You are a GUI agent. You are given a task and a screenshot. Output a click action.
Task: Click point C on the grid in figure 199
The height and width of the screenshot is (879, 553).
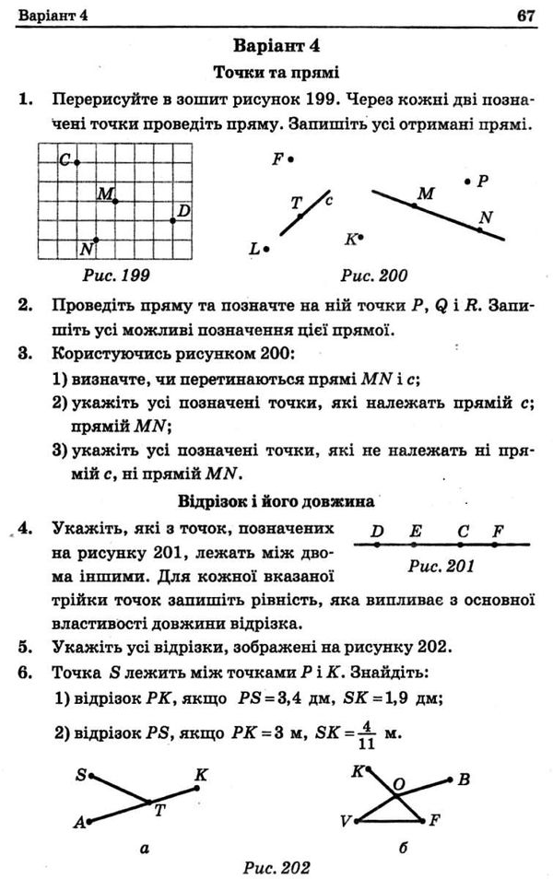coord(76,161)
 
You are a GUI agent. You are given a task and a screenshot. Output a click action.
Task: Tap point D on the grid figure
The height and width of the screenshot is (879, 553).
coord(173,219)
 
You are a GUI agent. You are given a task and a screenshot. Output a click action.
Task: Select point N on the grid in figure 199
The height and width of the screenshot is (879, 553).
coord(96,240)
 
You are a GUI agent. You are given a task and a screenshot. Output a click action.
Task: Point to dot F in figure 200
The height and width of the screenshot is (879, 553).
coord(291,158)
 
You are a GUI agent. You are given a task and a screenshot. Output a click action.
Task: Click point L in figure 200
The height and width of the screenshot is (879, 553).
coord(266,248)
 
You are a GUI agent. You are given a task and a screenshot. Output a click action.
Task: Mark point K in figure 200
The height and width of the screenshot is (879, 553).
coord(362,237)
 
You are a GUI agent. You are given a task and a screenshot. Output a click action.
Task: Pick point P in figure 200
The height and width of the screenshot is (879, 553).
coord(469,182)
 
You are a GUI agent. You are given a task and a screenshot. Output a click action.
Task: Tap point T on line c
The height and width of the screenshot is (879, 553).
coord(300,216)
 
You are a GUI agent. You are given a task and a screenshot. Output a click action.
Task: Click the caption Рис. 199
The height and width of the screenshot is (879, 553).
coord(115,275)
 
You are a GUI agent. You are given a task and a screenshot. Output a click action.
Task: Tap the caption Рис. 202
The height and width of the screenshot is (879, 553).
coord(276,866)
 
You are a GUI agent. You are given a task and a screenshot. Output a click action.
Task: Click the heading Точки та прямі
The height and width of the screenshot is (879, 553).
coord(276,71)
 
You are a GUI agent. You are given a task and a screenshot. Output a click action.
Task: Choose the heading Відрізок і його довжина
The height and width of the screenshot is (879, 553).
coord(276,502)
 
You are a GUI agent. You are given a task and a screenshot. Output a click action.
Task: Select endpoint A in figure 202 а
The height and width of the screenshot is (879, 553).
coord(89,822)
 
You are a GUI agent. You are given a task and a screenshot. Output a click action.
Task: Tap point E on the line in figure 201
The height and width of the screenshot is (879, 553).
coord(416,545)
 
